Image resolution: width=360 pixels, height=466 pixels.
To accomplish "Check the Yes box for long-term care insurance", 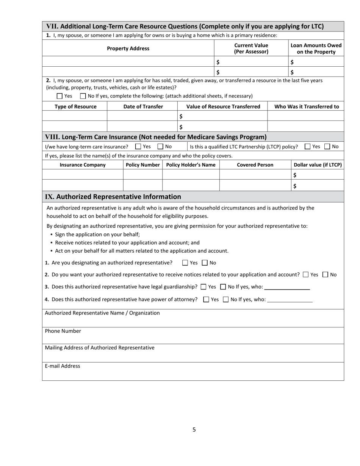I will click(138, 147).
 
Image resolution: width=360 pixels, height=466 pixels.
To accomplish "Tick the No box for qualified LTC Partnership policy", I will click(327, 147).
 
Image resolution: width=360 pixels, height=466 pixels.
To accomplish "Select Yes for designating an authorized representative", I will click(185, 263).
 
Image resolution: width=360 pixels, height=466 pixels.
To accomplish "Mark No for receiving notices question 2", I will click(326, 275).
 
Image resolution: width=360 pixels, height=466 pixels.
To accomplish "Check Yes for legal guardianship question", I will click(203, 287).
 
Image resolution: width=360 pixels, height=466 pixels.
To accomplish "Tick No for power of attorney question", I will click(226, 299).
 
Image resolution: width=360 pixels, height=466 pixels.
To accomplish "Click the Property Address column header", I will click(128, 48).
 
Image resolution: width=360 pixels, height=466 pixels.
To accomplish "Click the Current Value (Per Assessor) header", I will click(251, 48).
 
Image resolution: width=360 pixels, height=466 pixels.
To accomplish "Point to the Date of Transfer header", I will click(143, 106).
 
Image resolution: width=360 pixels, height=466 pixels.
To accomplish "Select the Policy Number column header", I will click(142, 165).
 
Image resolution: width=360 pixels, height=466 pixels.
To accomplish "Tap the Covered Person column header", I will click(255, 165).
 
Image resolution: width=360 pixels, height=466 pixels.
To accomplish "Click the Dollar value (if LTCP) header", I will click(318, 165).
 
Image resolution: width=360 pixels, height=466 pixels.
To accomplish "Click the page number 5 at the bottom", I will click(194, 429).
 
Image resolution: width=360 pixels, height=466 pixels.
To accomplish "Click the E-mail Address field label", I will click(63, 366).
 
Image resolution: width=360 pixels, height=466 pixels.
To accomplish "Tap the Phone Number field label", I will click(63, 331).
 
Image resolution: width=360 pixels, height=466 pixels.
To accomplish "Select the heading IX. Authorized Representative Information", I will click(113, 197).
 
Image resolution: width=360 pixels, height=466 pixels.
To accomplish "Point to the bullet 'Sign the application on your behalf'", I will click(97, 234).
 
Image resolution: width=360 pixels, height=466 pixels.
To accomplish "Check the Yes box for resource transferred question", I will click(59, 96).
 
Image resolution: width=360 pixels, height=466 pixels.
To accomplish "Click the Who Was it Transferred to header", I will click(306, 106).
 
